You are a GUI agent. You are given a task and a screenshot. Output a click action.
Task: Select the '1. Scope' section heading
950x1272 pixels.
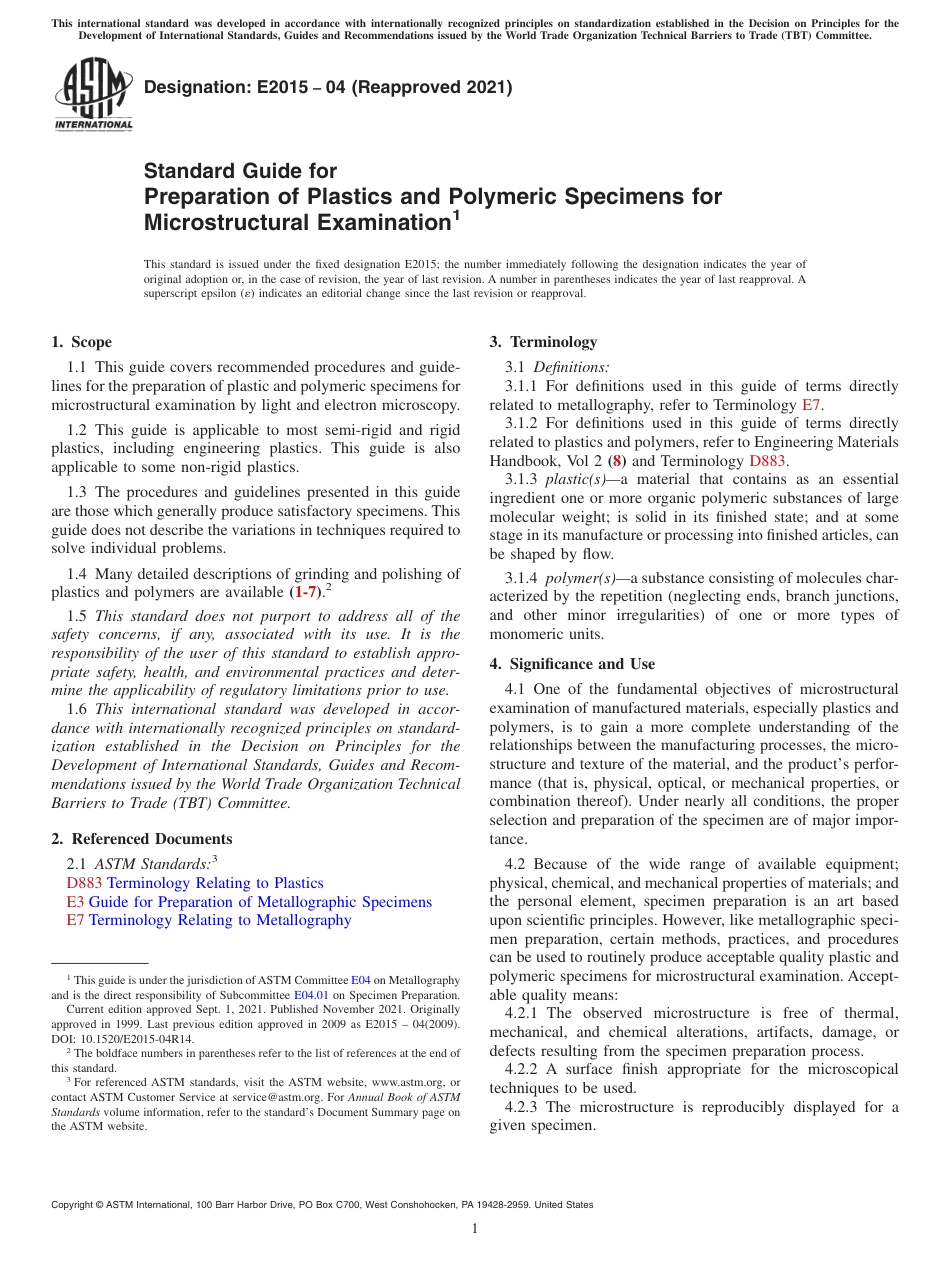click(82, 342)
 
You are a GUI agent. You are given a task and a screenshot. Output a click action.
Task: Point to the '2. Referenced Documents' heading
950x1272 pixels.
click(142, 839)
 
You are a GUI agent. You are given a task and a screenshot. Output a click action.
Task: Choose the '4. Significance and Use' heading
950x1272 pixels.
click(572, 664)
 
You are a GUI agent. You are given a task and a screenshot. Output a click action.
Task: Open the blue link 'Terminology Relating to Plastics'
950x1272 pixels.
click(215, 883)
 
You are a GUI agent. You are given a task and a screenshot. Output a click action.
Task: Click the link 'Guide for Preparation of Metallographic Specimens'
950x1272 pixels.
click(260, 902)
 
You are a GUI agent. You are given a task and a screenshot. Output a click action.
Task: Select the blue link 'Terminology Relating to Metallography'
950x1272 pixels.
click(220, 920)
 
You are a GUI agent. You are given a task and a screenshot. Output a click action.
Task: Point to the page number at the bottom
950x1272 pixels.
click(475, 1228)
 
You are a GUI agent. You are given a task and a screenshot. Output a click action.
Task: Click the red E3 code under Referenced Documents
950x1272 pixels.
click(75, 902)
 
